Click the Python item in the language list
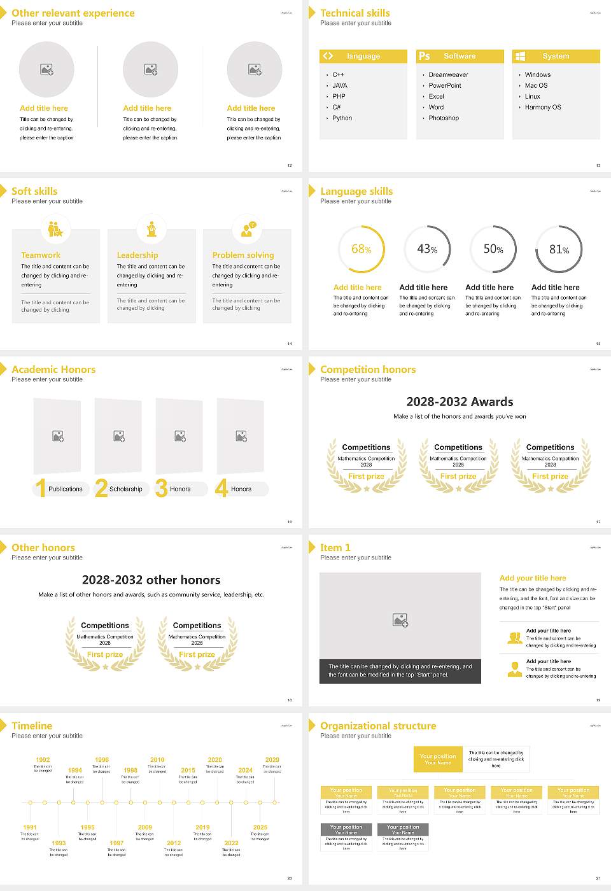pos(342,118)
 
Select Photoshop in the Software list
pos(443,118)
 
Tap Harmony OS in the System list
pos(542,108)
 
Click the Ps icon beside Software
pos(425,57)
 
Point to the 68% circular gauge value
pos(361,249)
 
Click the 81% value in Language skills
pos(559,249)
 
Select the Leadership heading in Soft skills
pos(137,255)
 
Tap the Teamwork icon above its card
pos(55,228)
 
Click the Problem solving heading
pos(243,255)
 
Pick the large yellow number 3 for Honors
pos(161,488)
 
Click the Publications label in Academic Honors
pos(66,489)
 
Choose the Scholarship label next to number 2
pos(125,489)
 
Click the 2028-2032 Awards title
pos(460,402)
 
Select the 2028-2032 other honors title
pos(151,580)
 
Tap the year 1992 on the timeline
pos(43,760)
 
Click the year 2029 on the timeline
pos(272,760)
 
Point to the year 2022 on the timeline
pos(232,843)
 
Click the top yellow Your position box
pos(438,759)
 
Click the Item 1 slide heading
pos(335,547)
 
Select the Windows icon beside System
pos(520,57)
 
